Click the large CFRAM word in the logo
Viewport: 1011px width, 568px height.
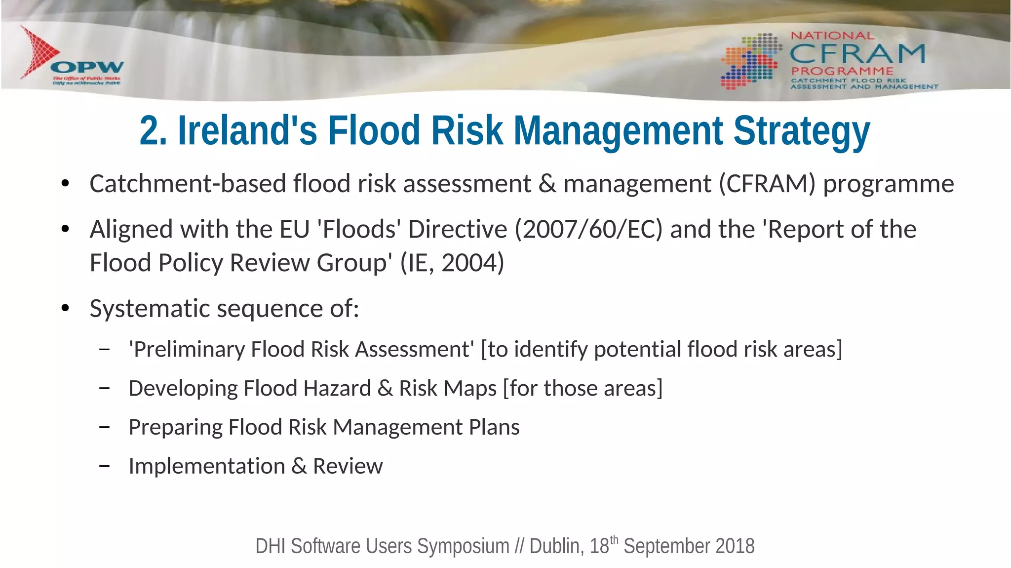point(857,53)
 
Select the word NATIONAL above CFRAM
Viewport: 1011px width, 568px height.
point(832,36)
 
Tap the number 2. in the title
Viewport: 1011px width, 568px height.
point(153,131)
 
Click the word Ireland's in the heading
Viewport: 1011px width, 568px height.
point(247,131)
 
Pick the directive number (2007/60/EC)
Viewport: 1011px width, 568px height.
point(588,229)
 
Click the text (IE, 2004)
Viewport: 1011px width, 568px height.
point(452,262)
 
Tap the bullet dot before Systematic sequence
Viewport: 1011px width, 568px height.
point(65,309)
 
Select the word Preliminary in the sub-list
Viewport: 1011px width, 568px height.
point(190,349)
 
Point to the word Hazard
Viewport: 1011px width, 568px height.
point(337,388)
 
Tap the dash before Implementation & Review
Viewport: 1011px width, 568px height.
point(104,466)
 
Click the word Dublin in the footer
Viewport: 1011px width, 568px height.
point(555,546)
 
